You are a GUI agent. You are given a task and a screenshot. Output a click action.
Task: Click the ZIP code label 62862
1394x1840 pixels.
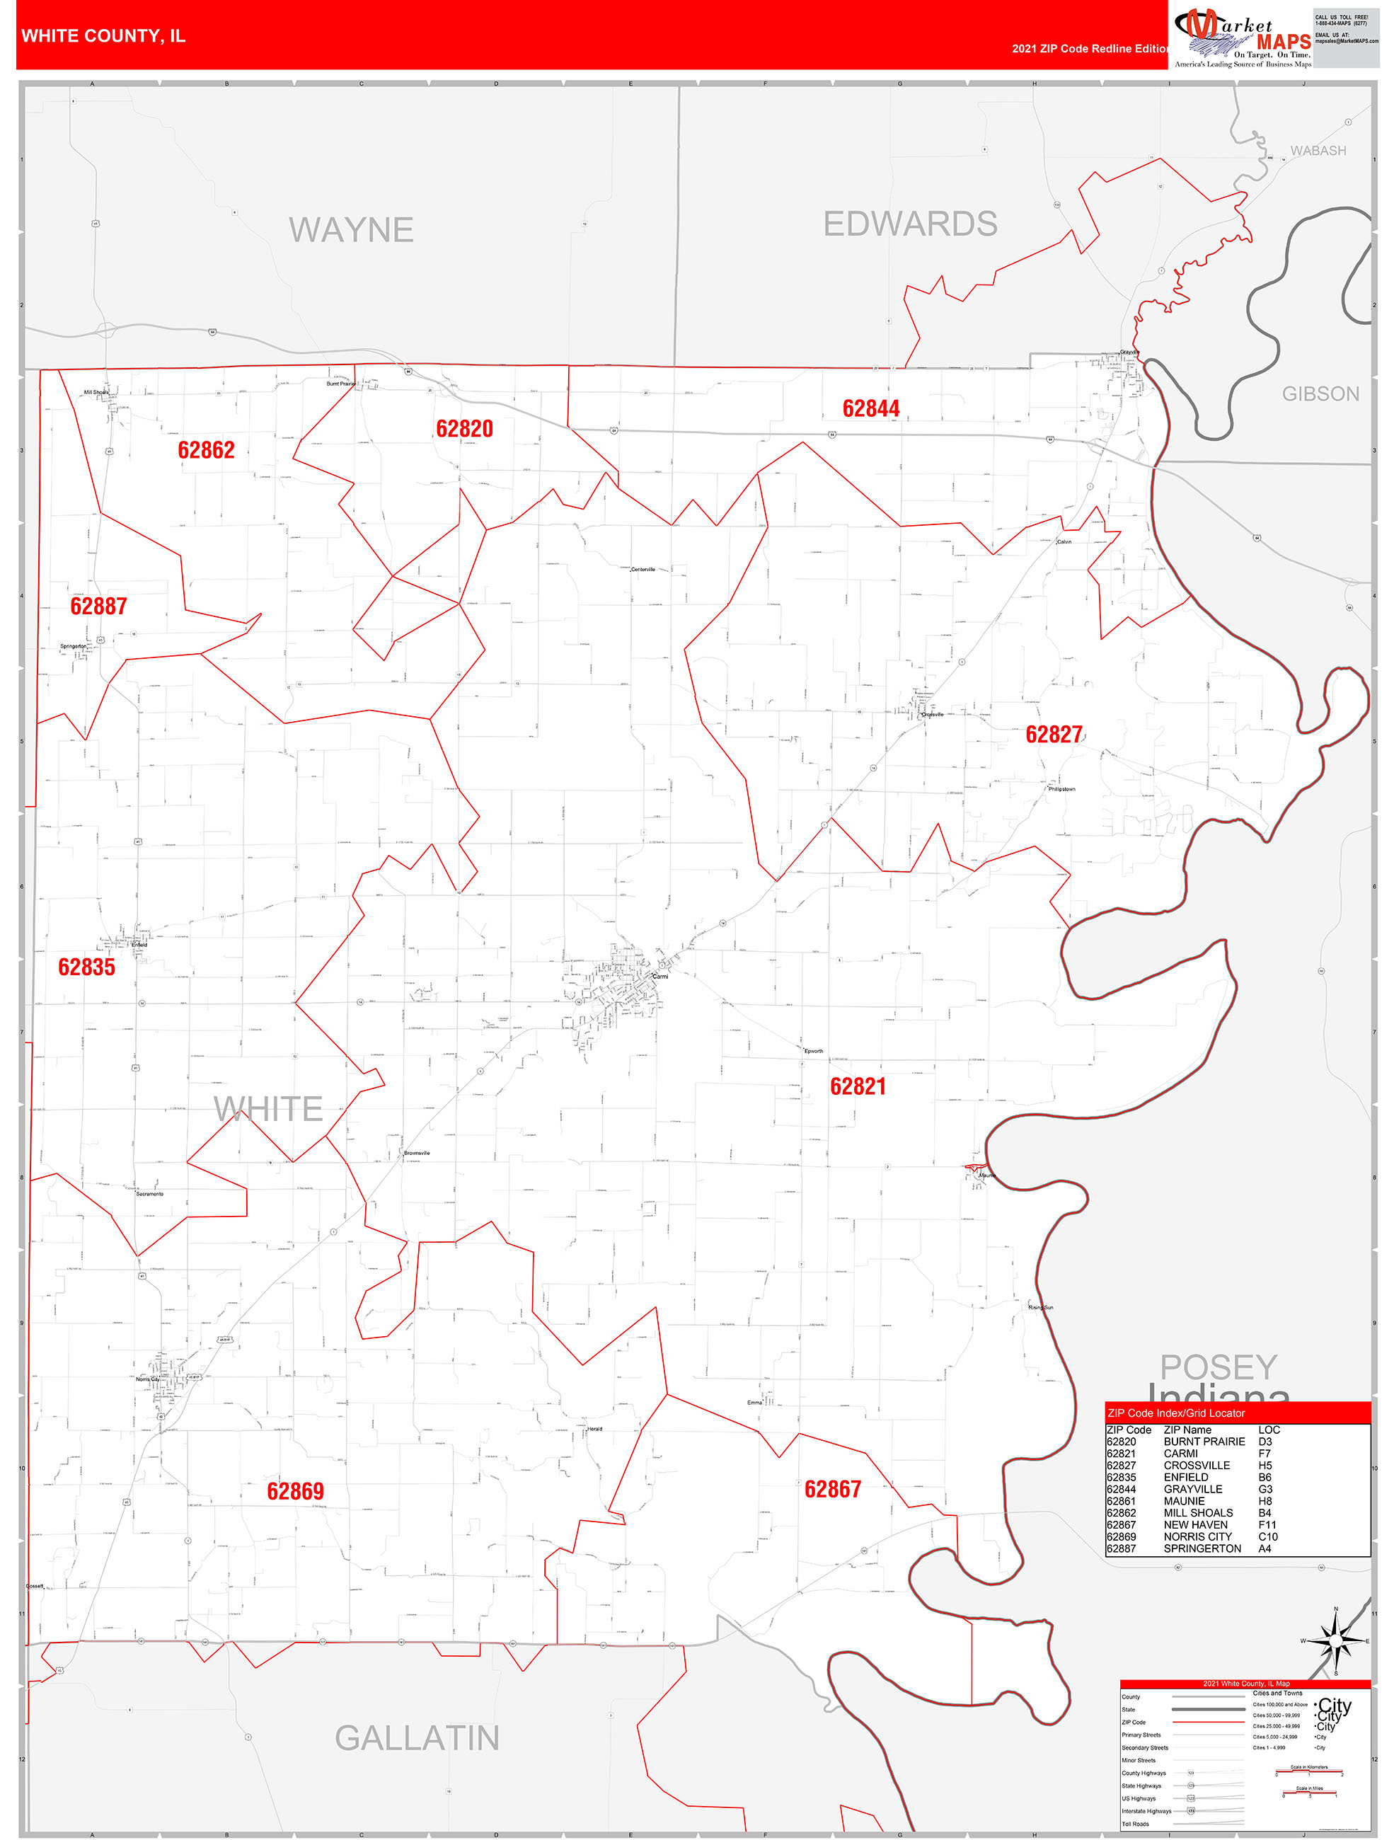click(207, 450)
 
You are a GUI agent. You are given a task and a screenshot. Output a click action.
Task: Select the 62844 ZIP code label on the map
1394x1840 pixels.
click(871, 408)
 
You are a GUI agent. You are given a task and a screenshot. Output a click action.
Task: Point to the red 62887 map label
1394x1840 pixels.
click(98, 606)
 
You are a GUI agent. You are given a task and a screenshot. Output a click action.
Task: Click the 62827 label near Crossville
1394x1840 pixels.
click(1054, 734)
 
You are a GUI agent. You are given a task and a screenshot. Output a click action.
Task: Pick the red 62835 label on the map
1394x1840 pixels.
click(86, 967)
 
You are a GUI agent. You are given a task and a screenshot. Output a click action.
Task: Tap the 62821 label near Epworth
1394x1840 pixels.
click(858, 1086)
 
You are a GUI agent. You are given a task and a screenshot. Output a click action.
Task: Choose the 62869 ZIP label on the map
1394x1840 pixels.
click(295, 1490)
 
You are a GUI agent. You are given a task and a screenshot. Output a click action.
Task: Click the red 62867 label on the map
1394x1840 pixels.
click(833, 1489)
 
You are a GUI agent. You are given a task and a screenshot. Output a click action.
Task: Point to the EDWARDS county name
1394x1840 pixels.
click(910, 224)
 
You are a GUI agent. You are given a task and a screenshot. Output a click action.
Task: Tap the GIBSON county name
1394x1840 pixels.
click(1320, 393)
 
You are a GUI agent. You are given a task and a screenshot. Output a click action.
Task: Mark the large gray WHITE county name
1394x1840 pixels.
click(267, 1108)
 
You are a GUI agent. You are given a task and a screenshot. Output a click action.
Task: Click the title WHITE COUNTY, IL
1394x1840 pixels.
click(103, 36)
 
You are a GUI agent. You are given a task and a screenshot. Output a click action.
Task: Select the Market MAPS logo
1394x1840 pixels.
click(1242, 38)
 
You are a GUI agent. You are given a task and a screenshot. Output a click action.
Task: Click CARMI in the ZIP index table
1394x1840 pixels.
click(1180, 1453)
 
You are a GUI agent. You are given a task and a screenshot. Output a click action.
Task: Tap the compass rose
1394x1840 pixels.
click(1336, 1641)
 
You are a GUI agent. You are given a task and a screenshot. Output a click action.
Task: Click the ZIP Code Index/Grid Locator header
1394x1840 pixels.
click(1176, 1413)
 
